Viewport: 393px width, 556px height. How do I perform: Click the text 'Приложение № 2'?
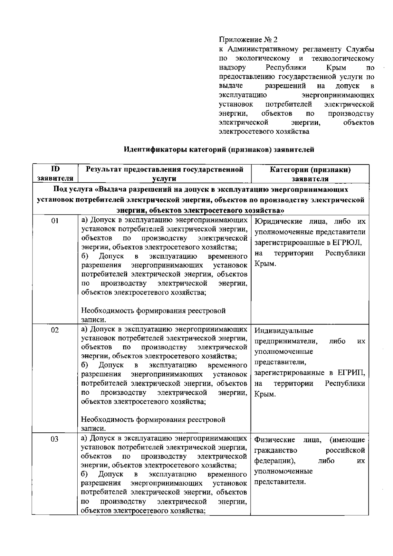point(248,40)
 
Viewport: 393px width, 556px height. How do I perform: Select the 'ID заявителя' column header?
point(55,174)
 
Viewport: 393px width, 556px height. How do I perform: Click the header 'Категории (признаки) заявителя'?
point(310,174)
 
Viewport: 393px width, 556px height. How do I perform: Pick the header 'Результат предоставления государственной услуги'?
point(164,174)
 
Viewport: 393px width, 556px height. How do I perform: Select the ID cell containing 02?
point(55,330)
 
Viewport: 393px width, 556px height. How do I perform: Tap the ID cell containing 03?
point(55,439)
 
